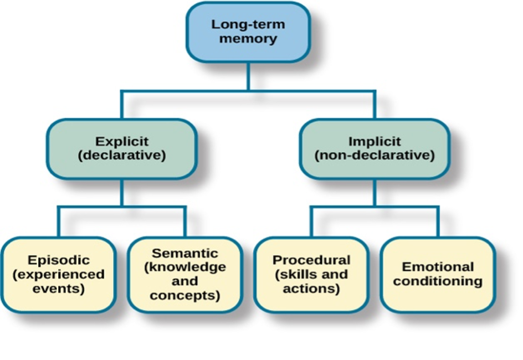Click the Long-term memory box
(x=248, y=32)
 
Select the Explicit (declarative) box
(x=122, y=148)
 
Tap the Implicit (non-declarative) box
(x=375, y=148)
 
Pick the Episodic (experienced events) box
(x=59, y=275)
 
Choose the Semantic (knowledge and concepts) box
(x=185, y=275)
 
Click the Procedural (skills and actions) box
(x=311, y=275)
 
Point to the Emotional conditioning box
(x=438, y=275)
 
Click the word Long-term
(x=248, y=24)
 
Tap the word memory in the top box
(x=248, y=39)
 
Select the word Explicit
(x=122, y=142)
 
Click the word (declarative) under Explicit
(x=122, y=155)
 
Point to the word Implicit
(x=375, y=142)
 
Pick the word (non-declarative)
(x=375, y=155)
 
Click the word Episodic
(x=59, y=260)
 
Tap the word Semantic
(x=185, y=253)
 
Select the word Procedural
(x=311, y=260)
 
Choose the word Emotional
(x=438, y=267)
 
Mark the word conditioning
(x=438, y=281)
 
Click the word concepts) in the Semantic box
(x=185, y=296)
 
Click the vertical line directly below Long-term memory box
(x=249, y=76)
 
